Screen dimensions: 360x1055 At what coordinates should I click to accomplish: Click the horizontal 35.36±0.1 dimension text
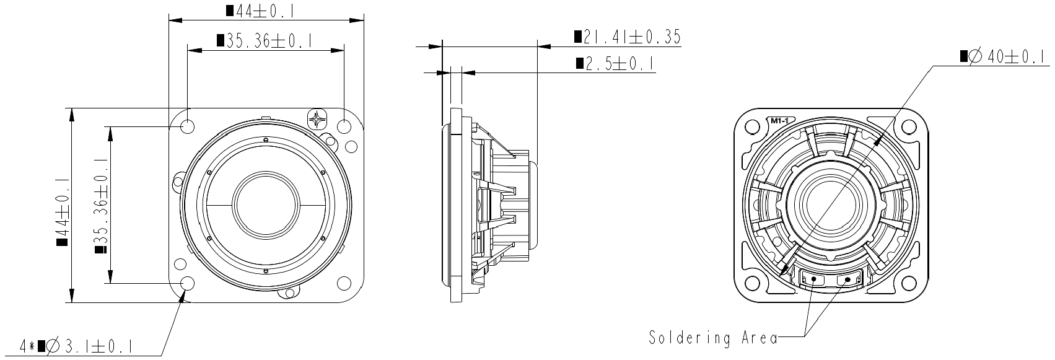point(265,41)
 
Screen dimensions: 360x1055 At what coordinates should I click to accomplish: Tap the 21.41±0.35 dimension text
point(627,37)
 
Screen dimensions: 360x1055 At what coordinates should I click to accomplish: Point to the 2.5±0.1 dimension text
point(616,63)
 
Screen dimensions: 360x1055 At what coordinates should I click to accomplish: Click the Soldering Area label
point(713,338)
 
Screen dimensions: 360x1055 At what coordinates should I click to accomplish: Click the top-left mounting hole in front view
point(188,126)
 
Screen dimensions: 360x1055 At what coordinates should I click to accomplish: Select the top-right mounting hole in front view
point(344,126)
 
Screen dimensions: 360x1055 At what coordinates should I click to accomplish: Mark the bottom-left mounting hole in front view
point(188,283)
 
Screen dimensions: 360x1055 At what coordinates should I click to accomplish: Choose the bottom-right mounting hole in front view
point(344,283)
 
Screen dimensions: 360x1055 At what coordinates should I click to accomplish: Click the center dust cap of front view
point(266,204)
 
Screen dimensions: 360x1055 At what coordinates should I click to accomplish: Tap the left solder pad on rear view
point(812,280)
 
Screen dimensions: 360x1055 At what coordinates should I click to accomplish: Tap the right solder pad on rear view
point(847,280)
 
